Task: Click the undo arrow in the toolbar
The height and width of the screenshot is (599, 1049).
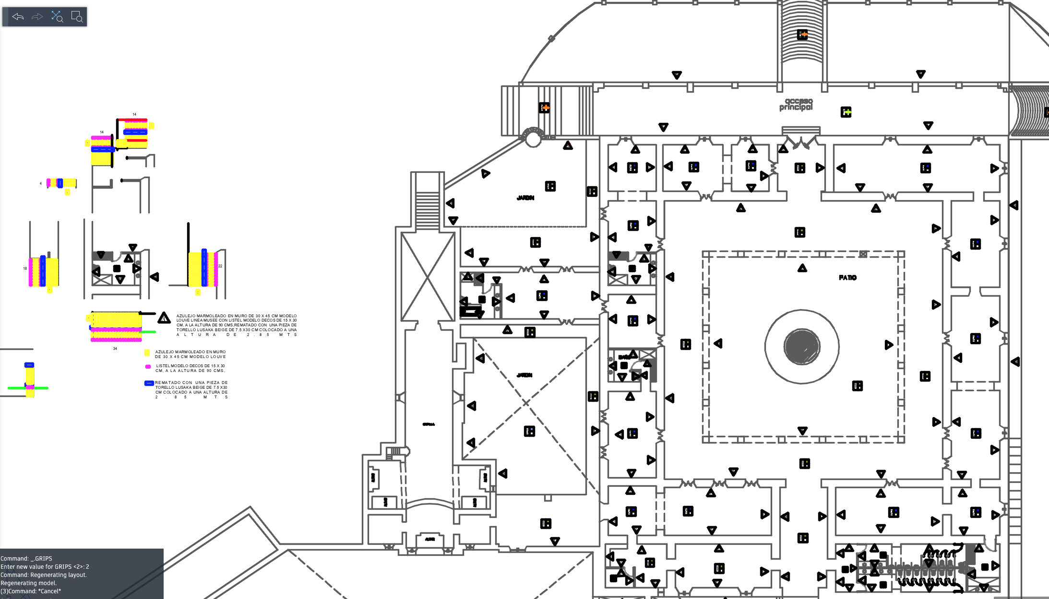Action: (18, 17)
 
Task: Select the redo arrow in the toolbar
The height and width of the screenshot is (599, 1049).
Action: (37, 17)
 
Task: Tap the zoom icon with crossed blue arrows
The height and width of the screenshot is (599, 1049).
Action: (57, 17)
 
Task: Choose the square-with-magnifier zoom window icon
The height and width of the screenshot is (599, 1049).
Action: (77, 17)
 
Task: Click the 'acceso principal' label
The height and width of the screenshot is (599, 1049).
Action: (796, 104)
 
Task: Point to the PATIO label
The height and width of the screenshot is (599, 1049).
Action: (847, 278)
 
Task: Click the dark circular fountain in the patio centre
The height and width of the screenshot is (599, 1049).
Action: (801, 346)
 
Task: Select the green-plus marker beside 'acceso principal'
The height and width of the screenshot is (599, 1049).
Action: (846, 112)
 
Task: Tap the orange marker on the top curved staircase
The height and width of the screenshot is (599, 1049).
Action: (802, 35)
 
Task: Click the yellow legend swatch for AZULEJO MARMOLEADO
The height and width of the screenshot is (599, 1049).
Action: (147, 353)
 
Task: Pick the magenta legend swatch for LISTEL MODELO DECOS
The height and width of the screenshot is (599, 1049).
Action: (148, 367)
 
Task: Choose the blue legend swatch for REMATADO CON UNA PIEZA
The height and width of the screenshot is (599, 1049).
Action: (149, 383)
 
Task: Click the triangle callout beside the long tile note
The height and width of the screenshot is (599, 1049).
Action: (164, 318)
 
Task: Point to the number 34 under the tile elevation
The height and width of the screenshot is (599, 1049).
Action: (115, 348)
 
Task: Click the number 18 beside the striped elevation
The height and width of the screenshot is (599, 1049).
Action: (25, 268)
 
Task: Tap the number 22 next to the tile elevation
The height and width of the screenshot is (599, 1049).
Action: (220, 266)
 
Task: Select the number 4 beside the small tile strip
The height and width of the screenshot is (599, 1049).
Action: (41, 183)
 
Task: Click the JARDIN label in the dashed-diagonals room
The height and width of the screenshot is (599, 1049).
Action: (524, 375)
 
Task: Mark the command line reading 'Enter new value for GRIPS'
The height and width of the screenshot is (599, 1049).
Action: (45, 567)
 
